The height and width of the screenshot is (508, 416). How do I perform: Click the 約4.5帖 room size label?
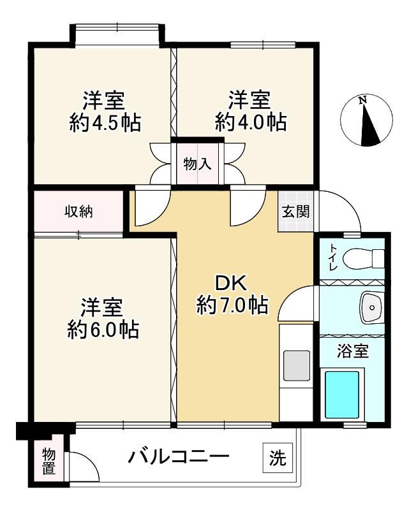point(105,123)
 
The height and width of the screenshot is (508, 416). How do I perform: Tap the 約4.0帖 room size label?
point(251,122)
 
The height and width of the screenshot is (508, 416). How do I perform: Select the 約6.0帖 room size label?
point(103,330)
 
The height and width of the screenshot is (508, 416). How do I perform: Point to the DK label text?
point(232,284)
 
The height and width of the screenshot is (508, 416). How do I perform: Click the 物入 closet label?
point(197,164)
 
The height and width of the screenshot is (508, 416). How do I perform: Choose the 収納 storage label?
point(78,212)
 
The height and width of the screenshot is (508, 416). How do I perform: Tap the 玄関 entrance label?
point(295,212)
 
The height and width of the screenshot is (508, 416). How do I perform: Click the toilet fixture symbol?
point(363,258)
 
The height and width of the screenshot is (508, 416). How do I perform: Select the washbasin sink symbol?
point(372,307)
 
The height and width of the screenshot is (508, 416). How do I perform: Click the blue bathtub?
point(342,395)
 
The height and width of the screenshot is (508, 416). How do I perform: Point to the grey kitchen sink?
point(296,365)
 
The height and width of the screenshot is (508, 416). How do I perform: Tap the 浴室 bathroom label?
point(353,351)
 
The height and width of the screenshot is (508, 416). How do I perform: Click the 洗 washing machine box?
point(278,458)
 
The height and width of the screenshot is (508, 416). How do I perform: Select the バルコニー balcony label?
point(179,457)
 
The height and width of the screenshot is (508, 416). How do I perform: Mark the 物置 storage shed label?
point(48,461)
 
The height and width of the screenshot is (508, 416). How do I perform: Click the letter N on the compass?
point(363,101)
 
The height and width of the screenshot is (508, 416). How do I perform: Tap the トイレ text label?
point(333,258)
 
